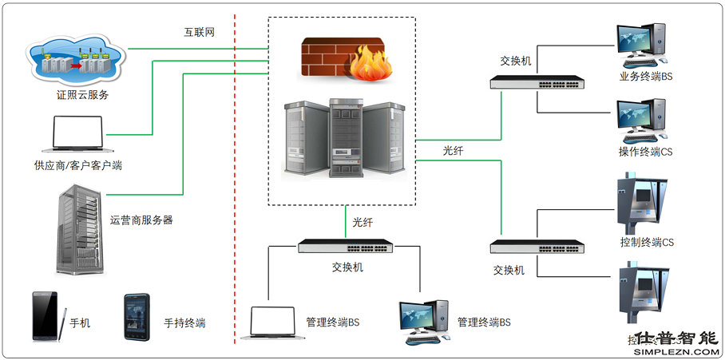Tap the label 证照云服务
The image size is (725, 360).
pos(77,95)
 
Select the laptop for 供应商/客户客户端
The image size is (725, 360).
pos(77,135)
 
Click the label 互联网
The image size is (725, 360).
pos(200,33)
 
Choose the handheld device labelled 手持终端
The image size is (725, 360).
pos(137,318)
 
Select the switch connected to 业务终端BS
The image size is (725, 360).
pos(537,82)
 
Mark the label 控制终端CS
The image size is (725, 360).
pos(647,242)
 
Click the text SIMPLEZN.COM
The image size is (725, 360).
pos(675,351)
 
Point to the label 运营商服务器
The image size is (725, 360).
pos(141,220)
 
